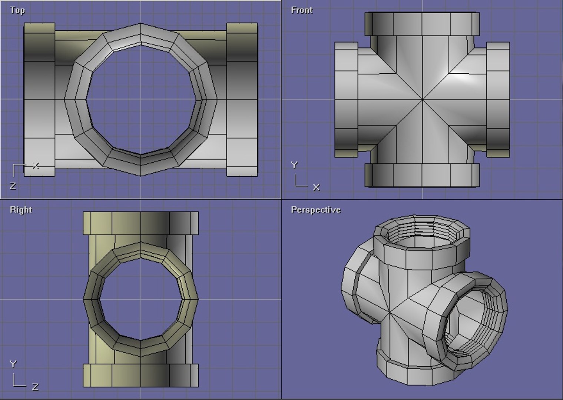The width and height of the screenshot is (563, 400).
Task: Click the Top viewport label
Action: [17, 10]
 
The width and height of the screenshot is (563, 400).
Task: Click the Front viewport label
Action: [301, 10]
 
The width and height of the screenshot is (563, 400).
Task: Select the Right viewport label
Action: [21, 210]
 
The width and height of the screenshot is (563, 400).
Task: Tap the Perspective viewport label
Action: [315, 210]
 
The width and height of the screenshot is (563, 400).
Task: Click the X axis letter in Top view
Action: [36, 166]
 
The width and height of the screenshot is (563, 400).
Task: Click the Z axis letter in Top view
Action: [13, 186]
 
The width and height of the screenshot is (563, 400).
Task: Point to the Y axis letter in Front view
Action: [294, 165]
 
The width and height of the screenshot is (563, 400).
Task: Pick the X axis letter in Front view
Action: [316, 187]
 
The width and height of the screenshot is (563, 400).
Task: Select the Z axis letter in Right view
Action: [35, 387]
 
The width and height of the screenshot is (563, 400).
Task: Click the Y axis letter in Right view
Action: [13, 364]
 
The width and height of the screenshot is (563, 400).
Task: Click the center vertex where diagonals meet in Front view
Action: [423, 99]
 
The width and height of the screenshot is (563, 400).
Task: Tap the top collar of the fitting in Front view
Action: [422, 24]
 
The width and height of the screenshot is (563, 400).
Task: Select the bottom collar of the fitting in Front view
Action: [422, 175]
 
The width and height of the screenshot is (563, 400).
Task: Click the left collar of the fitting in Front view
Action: [346, 99]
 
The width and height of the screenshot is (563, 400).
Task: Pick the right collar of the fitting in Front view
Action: [498, 99]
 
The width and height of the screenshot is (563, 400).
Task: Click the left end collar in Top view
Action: [39, 99]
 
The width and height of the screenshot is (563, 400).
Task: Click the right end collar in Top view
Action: [242, 99]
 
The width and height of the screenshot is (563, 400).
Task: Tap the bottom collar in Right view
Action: [140, 375]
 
